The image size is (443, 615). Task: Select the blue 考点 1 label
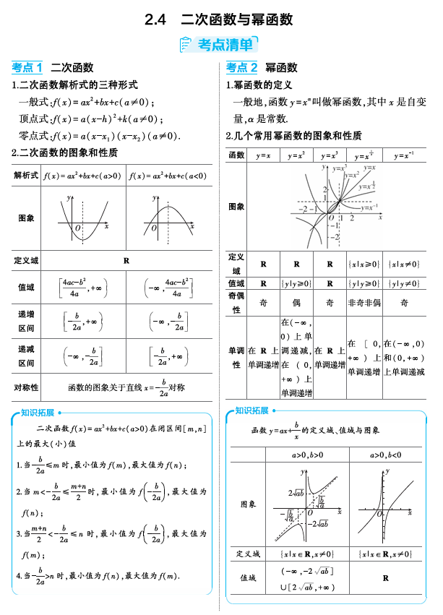pos(27,68)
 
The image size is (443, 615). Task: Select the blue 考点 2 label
pos(241,68)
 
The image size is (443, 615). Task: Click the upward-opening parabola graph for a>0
pos(83,218)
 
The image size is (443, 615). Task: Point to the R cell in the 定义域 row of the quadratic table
pos(126,260)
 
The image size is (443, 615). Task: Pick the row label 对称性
pos(26,387)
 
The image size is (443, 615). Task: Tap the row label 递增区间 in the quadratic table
pos(26,320)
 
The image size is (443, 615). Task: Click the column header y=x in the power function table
pos(264,155)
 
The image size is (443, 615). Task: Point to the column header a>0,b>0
pos(307,455)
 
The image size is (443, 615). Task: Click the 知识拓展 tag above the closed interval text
pos(38,413)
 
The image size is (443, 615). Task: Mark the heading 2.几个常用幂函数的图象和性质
pos(294,137)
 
